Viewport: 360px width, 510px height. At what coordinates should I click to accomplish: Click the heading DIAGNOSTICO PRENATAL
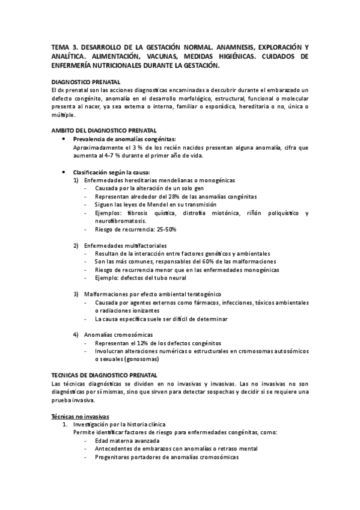coord(85,81)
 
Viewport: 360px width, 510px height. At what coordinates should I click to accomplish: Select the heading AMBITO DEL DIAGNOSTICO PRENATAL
coord(104,130)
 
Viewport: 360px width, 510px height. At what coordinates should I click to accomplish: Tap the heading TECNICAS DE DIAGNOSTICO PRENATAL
coord(104,374)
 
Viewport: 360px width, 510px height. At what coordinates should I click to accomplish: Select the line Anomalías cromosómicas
coord(118,334)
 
